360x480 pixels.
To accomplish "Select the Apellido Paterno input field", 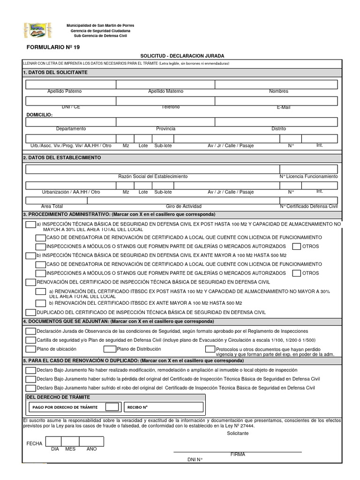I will tap(71, 84).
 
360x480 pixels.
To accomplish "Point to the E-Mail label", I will tap(283, 107).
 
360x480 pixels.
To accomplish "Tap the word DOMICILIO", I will tap(39, 114).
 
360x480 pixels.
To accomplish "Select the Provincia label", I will tap(166, 128).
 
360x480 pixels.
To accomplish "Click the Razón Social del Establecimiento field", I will tap(152, 169).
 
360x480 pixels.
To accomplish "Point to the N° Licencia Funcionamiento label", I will tap(308, 176).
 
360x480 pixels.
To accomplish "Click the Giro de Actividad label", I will tap(183, 206).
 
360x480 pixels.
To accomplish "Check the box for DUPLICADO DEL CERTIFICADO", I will tap(30, 312).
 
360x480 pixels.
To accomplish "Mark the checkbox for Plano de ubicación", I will tap(30, 349).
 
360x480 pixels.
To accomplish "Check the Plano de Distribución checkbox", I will tap(110, 349).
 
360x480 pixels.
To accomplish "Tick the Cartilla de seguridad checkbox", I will tap(30, 340).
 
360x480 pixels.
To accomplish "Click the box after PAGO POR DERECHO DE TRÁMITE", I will tap(112, 406).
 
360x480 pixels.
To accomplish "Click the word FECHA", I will tap(35, 443).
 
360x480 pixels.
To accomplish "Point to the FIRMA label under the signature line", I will tap(238, 454).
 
